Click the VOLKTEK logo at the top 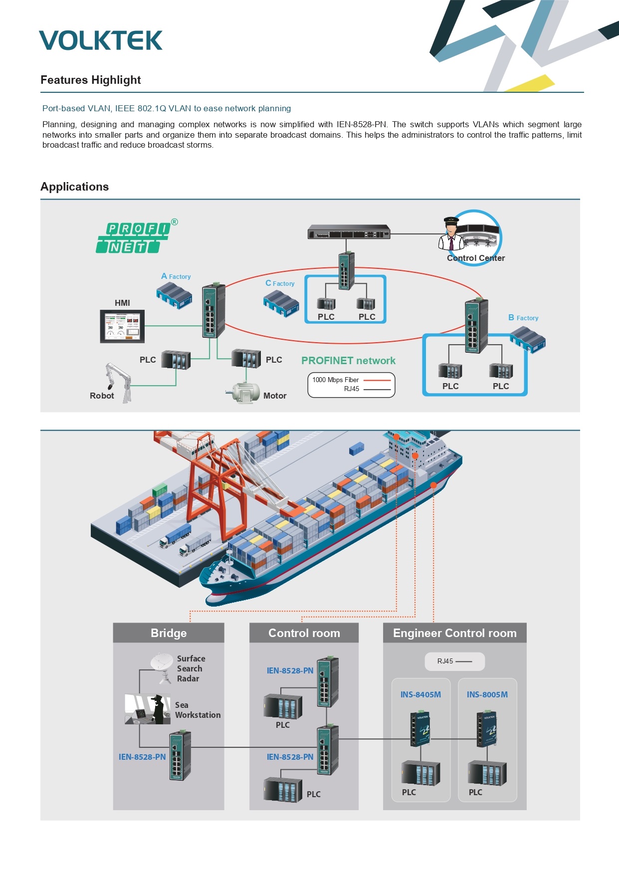[101, 40]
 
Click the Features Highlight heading [91, 80]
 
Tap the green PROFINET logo [134, 237]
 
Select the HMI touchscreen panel [122, 326]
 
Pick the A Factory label [176, 276]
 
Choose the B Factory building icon [528, 339]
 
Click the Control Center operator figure [451, 234]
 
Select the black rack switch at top [349, 232]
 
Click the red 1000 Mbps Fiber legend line [377, 380]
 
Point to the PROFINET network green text [348, 361]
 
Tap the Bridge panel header [169, 633]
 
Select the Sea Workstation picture [148, 709]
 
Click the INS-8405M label [420, 694]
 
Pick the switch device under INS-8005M [487, 729]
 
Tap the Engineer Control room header [455, 633]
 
